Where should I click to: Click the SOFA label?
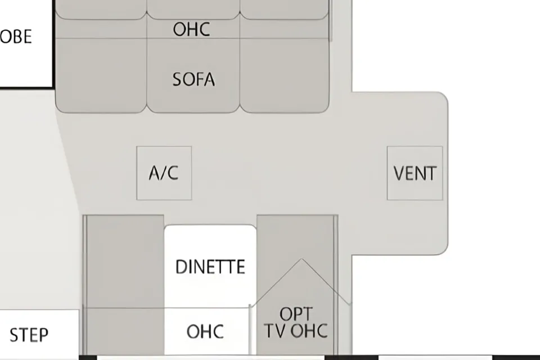click(x=193, y=79)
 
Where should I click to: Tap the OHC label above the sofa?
click(x=191, y=29)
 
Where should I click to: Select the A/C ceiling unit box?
click(x=164, y=173)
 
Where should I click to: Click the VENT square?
click(x=415, y=173)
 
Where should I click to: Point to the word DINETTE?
click(x=210, y=267)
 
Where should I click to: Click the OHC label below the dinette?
click(x=205, y=331)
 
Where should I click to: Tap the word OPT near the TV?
click(x=296, y=314)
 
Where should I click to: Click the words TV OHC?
click(x=296, y=331)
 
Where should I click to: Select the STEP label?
click(x=29, y=335)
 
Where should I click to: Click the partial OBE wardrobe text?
click(x=16, y=36)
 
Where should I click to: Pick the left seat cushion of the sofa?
click(x=101, y=75)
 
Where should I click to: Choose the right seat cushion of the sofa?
click(x=285, y=75)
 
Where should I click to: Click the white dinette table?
click(x=210, y=266)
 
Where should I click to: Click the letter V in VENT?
click(x=399, y=173)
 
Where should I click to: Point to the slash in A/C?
click(x=164, y=173)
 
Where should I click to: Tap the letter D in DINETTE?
click(x=181, y=267)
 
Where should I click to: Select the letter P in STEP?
click(x=44, y=335)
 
